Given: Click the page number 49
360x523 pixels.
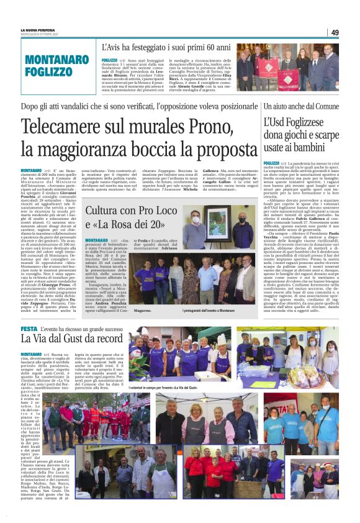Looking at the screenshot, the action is click(335, 32).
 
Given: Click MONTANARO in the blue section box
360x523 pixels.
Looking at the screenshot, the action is click(57, 60).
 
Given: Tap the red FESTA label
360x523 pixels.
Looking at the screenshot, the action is click(29, 328).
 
